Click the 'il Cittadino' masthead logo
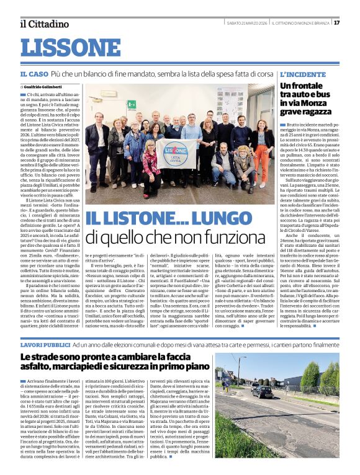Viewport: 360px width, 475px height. coord(44,24)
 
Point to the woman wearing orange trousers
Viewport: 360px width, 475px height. coord(261,149)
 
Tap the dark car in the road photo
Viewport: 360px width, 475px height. coord(262,391)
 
